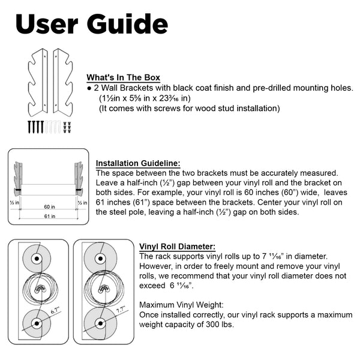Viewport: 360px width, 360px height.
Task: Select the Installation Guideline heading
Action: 138,163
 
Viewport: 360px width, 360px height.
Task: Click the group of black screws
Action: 35,126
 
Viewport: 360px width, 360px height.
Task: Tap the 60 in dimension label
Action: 48,206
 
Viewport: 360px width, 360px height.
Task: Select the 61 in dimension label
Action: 48,217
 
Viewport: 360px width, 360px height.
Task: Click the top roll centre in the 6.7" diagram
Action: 36,259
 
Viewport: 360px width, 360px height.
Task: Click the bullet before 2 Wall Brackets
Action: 89,88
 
